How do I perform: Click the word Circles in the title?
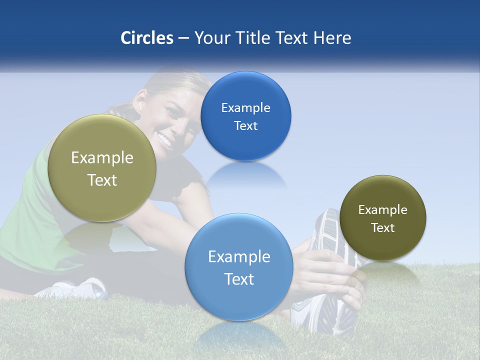(x=147, y=38)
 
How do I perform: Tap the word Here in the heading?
(x=332, y=38)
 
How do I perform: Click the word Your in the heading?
(x=212, y=38)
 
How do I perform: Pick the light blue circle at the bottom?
(x=239, y=300)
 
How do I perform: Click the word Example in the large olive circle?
(x=102, y=158)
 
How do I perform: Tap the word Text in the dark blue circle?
(x=245, y=126)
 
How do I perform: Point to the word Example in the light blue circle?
(x=239, y=257)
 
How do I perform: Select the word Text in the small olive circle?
(x=382, y=228)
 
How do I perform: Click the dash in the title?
(x=183, y=38)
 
